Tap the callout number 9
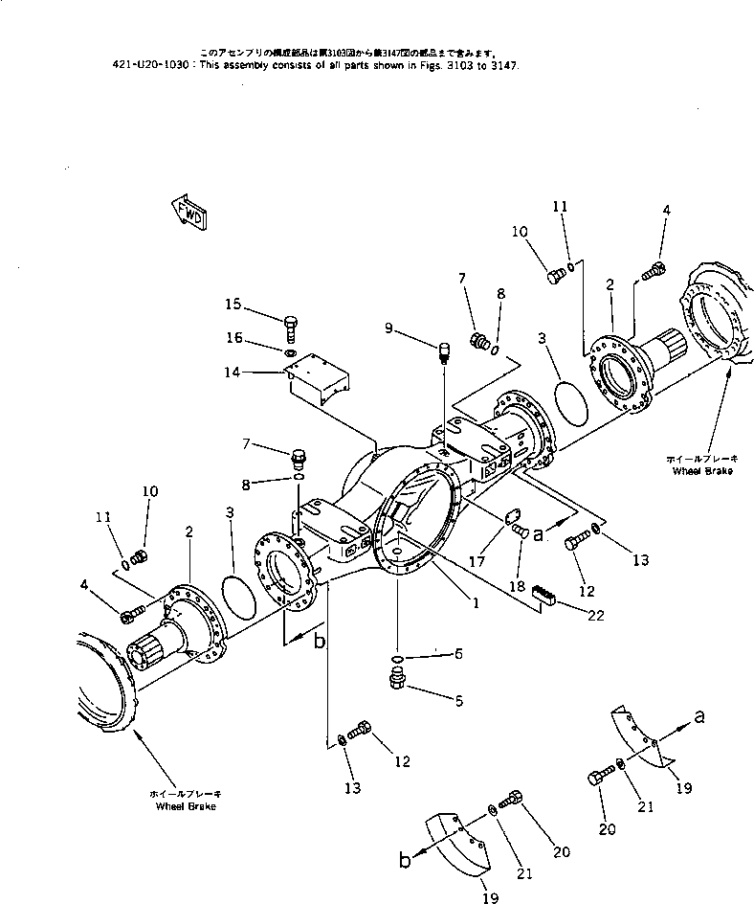(x=388, y=328)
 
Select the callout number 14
(x=233, y=373)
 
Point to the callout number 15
(x=233, y=305)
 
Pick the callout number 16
(x=233, y=338)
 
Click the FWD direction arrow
(x=188, y=215)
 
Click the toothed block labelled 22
(x=543, y=594)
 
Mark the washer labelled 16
(x=289, y=352)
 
